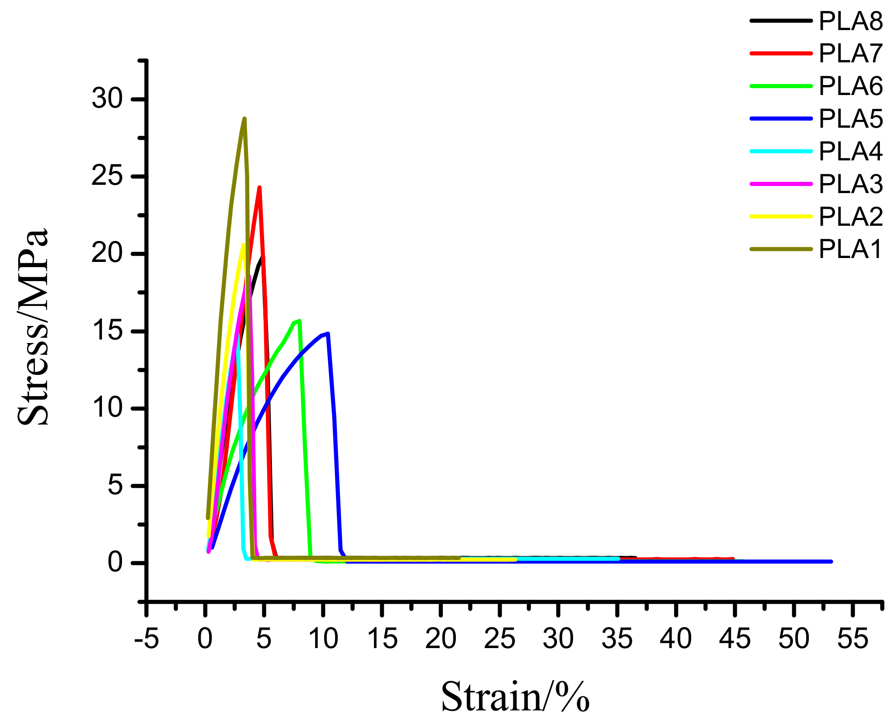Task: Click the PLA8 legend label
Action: [x=850, y=21]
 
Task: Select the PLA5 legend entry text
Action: [x=850, y=119]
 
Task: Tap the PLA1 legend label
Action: [x=850, y=249]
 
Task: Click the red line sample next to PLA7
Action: [x=781, y=53]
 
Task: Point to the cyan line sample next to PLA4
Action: [x=781, y=151]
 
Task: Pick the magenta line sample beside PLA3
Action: [x=781, y=184]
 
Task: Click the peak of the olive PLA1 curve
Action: [x=244, y=119]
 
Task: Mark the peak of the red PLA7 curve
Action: [x=260, y=188]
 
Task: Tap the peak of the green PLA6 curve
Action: [x=299, y=321]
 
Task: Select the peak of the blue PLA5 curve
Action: [x=328, y=333]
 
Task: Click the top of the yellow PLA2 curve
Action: [x=243, y=245]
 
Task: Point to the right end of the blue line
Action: [x=831, y=561]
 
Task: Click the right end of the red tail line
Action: [x=733, y=558]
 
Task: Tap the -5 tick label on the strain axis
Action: [x=146, y=639]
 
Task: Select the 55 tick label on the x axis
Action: [x=853, y=639]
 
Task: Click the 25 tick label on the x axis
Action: [x=499, y=639]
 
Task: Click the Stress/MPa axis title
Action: [x=33, y=327]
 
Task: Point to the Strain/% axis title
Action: [x=515, y=696]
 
